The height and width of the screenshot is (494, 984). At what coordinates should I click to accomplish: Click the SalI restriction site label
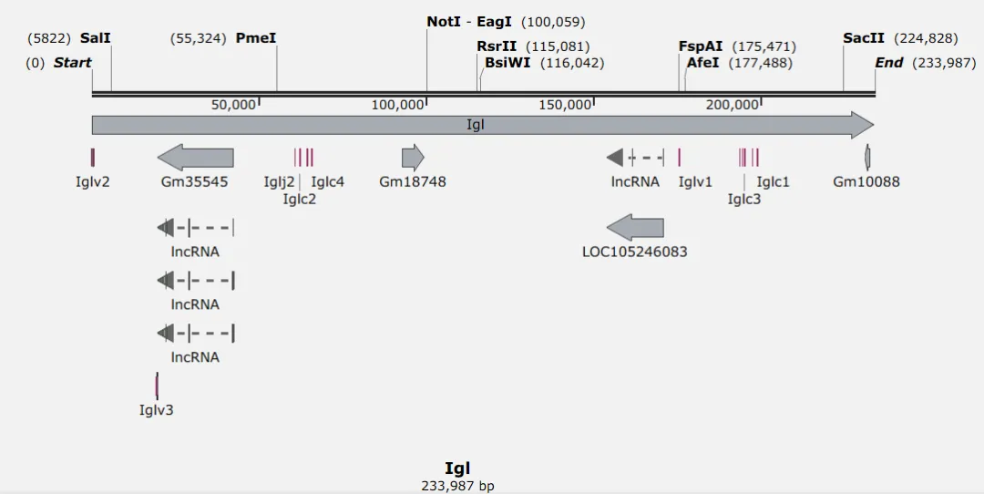pyautogui.click(x=95, y=38)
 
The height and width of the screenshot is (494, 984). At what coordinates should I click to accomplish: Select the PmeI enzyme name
pyautogui.click(x=255, y=38)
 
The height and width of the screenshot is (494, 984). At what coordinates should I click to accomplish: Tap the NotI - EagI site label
pyautogui.click(x=469, y=21)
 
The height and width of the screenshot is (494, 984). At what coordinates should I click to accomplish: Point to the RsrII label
pyautogui.click(x=497, y=46)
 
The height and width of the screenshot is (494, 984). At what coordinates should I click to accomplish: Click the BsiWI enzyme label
pyautogui.click(x=507, y=63)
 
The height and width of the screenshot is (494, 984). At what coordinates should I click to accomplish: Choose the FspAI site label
pyautogui.click(x=700, y=46)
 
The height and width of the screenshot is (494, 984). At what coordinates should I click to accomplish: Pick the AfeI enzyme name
pyautogui.click(x=702, y=63)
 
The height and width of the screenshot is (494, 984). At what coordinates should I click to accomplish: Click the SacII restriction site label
pyautogui.click(x=864, y=38)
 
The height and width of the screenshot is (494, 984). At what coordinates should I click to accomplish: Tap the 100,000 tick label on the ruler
pyautogui.click(x=398, y=105)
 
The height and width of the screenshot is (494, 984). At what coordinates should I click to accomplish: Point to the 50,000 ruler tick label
pyautogui.click(x=233, y=105)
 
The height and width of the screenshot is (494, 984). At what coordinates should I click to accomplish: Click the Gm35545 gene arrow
pyautogui.click(x=195, y=158)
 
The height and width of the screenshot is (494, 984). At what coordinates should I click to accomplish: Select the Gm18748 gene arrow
pyautogui.click(x=413, y=158)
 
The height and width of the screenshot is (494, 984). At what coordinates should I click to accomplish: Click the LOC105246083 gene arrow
pyautogui.click(x=635, y=228)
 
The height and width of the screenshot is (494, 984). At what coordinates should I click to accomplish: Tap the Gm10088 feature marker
pyautogui.click(x=867, y=158)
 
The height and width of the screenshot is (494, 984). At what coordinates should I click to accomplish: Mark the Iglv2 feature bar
pyautogui.click(x=93, y=158)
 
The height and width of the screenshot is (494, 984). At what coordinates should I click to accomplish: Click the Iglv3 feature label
pyautogui.click(x=156, y=410)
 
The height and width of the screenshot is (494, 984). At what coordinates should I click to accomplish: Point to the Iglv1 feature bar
pyautogui.click(x=680, y=158)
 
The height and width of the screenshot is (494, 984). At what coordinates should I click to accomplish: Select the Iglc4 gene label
pyautogui.click(x=327, y=181)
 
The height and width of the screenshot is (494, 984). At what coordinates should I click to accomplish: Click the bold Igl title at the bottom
pyautogui.click(x=457, y=468)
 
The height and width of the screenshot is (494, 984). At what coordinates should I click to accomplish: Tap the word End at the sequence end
pyautogui.click(x=888, y=63)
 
